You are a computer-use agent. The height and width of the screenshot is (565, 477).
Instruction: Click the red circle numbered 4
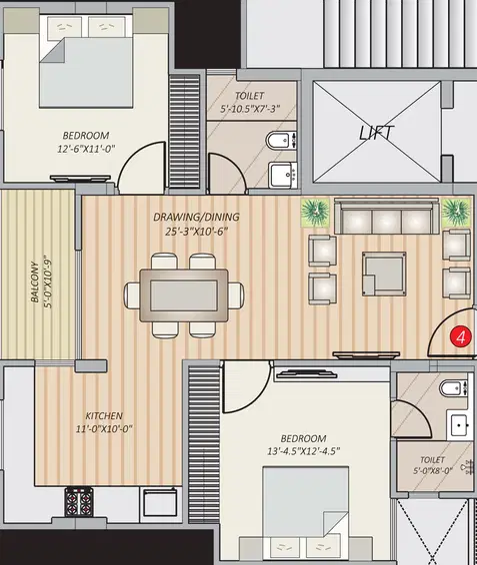[460, 336]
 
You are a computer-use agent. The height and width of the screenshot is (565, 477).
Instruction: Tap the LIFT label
[376, 133]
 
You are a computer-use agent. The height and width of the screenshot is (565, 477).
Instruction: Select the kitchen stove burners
[78, 501]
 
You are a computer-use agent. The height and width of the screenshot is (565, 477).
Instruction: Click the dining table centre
[184, 295]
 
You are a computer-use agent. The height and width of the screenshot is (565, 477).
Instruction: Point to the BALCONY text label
[35, 282]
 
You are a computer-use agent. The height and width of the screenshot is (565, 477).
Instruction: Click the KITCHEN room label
[104, 416]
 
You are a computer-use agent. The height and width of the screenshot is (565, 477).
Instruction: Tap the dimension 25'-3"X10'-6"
[197, 232]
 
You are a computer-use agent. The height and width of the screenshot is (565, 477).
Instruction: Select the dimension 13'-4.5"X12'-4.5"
[304, 451]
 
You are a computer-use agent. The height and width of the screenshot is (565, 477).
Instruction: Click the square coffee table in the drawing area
[384, 274]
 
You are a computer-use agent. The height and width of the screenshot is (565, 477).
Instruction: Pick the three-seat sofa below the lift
[387, 217]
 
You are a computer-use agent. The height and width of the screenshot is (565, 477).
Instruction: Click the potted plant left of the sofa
[315, 213]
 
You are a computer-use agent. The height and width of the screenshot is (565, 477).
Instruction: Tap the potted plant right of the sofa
[456, 212]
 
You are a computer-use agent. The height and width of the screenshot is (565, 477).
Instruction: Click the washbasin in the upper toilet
[283, 175]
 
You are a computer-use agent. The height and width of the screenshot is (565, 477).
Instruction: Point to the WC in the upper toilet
[282, 140]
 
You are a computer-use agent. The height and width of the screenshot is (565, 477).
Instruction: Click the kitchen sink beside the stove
[160, 501]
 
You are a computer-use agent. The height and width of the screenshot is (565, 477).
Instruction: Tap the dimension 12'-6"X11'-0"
[86, 149]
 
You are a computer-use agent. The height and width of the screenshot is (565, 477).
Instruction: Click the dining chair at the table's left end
[132, 295]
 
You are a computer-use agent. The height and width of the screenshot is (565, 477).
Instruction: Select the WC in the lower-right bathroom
[454, 388]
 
